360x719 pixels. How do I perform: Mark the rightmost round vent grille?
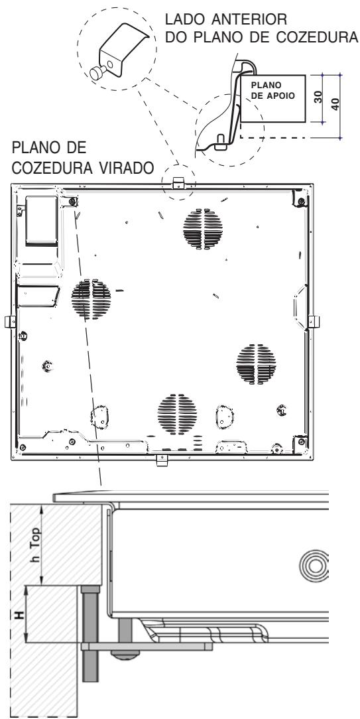[x=255, y=363]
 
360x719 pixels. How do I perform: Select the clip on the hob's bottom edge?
[x=161, y=458]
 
